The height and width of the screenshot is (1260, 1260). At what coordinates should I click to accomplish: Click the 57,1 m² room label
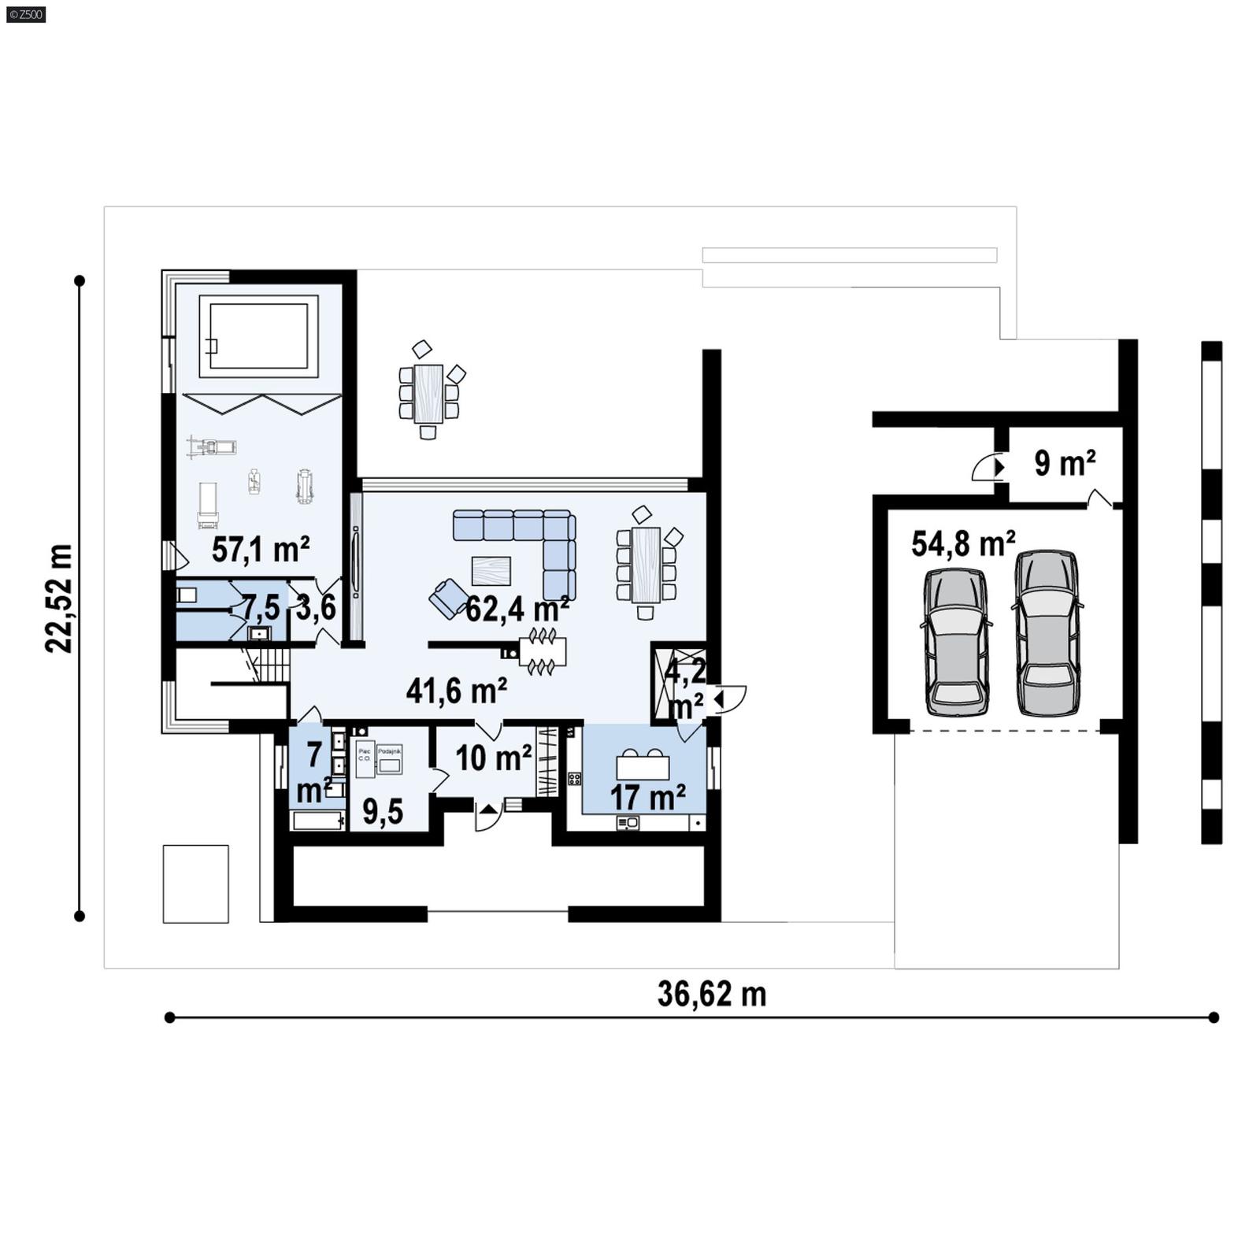[260, 549]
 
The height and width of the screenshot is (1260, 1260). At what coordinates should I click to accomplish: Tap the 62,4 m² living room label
[517, 609]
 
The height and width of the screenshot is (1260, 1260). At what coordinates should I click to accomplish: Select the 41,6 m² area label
[456, 691]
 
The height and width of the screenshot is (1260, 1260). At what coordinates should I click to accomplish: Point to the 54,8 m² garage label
[962, 543]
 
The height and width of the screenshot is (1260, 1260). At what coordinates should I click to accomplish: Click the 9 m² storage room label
[1064, 463]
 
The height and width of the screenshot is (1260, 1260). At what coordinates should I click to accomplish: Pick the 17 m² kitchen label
[647, 797]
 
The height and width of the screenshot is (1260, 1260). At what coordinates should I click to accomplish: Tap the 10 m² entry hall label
[493, 758]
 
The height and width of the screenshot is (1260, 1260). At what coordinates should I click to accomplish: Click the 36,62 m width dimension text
[711, 994]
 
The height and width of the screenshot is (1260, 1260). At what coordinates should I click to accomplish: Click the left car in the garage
[956, 641]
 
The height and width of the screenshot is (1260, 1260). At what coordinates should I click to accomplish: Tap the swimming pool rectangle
[258, 336]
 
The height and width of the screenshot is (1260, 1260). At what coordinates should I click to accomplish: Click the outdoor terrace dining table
[428, 392]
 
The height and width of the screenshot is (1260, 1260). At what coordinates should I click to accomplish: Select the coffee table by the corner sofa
[491, 570]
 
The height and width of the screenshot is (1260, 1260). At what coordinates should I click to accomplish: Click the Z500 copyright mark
[26, 13]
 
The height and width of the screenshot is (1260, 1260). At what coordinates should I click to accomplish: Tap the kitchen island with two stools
[643, 766]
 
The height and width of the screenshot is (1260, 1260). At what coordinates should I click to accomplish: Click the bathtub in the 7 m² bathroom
[318, 821]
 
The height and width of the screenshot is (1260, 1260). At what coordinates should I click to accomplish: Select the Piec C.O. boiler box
[365, 759]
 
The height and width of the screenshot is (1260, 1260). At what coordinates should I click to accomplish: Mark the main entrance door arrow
[487, 809]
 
